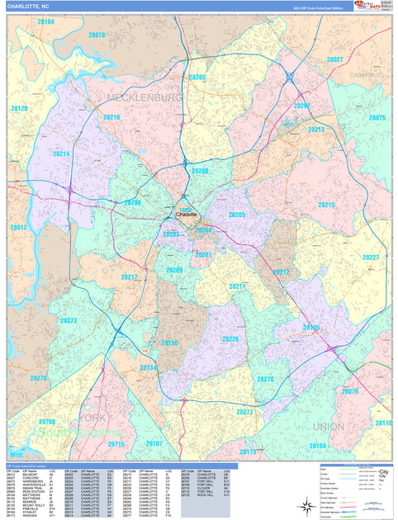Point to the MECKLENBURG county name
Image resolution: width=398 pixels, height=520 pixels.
point(144,97)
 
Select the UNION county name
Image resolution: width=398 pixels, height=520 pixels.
point(329,427)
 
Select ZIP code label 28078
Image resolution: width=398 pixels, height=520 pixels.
point(97,35)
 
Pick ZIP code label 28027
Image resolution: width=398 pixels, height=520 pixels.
point(334,59)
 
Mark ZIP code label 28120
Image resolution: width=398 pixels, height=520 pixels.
point(19,108)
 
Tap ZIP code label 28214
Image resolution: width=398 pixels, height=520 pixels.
point(61,154)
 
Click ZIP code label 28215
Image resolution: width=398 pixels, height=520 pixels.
point(326,205)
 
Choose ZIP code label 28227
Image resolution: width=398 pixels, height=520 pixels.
point(371,258)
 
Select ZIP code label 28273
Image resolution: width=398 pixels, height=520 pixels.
point(68,321)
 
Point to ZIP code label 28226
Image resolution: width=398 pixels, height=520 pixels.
point(230,338)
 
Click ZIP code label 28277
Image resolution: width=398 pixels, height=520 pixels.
point(245,411)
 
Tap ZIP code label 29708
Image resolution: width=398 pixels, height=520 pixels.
point(46,422)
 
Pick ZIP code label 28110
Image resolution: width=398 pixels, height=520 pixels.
point(383,423)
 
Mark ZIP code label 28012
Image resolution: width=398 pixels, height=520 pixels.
point(18,227)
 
